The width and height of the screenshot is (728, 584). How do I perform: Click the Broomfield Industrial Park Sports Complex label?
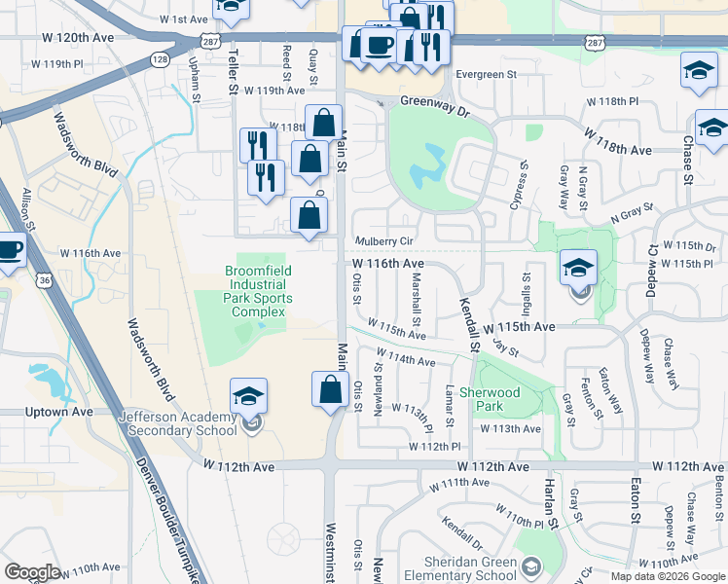(x=258, y=291)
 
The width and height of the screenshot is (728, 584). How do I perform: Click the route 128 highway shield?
(x=161, y=59)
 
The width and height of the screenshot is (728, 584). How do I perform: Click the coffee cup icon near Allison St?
(x=10, y=249)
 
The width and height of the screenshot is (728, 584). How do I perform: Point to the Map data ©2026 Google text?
(x=668, y=576)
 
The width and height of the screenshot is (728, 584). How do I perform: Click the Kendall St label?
(x=469, y=325)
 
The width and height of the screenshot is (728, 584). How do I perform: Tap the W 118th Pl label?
(x=611, y=101)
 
